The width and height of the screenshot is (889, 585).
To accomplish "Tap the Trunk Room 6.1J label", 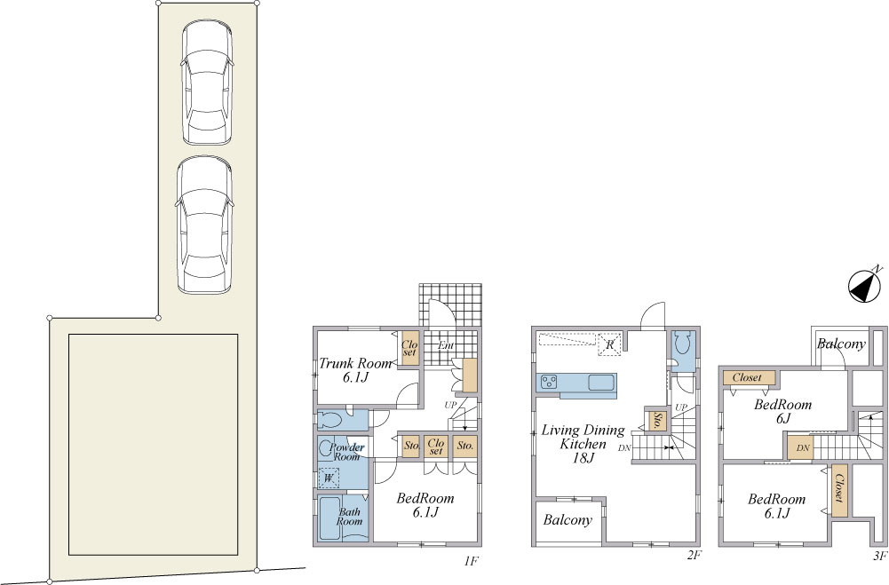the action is click(355, 370).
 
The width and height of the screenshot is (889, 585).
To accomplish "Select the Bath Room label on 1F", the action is click(349, 517).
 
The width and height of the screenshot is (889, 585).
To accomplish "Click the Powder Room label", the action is click(346, 452).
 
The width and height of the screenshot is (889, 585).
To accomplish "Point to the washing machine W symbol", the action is click(329, 478).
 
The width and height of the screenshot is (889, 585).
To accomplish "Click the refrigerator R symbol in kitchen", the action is click(610, 344).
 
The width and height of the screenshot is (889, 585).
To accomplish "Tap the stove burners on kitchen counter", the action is click(549, 382).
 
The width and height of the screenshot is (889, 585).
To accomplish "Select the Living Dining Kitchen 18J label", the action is click(583, 444).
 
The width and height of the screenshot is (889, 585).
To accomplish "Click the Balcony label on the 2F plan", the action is click(568, 520).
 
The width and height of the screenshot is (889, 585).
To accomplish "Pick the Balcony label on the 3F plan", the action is click(841, 344).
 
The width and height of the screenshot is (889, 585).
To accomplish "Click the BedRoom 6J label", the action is click(783, 412).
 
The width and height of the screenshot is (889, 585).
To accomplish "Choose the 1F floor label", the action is click(472, 561).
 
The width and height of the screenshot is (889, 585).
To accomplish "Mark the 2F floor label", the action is click(695, 556).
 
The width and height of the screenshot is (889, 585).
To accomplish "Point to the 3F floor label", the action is click(880, 556).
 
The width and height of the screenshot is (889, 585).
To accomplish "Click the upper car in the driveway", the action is click(207, 83).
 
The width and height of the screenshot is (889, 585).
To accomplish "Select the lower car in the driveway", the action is click(204, 225).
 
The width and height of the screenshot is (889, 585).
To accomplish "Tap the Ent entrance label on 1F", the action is click(446, 345).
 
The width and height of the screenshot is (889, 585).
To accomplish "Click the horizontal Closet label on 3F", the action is click(747, 377).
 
